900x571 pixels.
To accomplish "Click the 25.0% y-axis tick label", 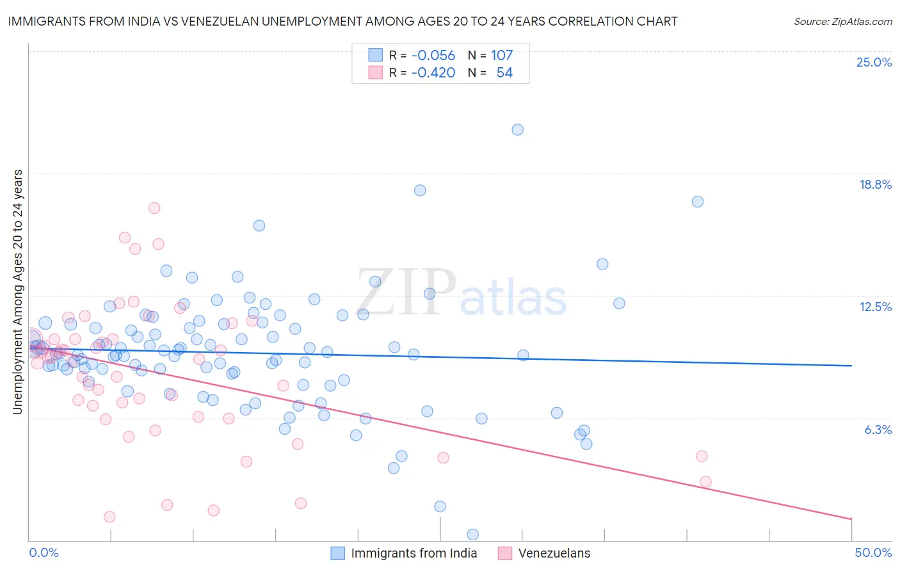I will click(x=874, y=62).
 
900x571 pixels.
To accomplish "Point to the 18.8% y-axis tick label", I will click(x=875, y=184).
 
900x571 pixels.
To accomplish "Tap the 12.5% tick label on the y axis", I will click(x=875, y=307).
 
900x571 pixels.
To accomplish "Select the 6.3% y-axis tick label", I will click(x=878, y=430).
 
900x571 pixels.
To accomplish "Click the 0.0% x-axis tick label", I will click(x=44, y=552).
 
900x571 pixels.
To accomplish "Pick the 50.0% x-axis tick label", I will click(x=873, y=552).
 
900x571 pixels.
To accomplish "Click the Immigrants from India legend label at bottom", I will click(x=414, y=553).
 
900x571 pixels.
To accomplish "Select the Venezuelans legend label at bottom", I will click(x=554, y=553).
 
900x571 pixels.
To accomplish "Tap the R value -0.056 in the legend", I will click(x=433, y=55).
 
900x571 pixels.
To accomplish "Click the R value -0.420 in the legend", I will click(x=433, y=72).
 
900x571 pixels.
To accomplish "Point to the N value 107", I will click(x=502, y=55).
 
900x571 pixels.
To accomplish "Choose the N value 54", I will click(x=504, y=72).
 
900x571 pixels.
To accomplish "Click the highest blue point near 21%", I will click(x=518, y=129).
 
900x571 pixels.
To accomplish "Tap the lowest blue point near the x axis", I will click(x=473, y=535).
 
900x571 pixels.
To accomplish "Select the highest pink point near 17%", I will click(x=154, y=208).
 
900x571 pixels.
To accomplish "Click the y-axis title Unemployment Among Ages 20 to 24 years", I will click(x=17, y=292).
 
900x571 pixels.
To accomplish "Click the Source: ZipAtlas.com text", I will click(x=842, y=21).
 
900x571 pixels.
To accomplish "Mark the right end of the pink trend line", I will click(x=851, y=519).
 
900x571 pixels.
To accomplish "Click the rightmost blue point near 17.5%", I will click(x=698, y=202).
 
